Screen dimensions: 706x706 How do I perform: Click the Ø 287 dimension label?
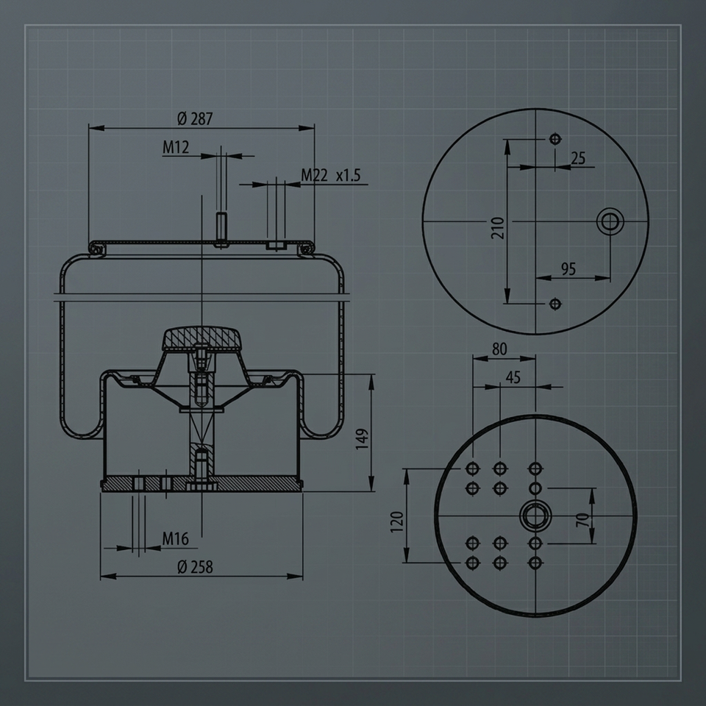194,119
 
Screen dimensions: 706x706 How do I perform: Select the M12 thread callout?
176,147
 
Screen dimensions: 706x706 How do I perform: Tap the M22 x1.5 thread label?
330,175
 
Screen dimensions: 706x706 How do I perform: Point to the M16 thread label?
175,538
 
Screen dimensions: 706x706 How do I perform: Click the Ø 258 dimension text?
195,567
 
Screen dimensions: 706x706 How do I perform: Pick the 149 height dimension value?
362,438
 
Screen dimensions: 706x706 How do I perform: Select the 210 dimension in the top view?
498,228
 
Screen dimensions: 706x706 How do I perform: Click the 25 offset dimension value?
578,158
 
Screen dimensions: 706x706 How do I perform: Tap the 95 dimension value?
568,269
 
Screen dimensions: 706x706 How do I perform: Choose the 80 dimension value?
499,349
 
